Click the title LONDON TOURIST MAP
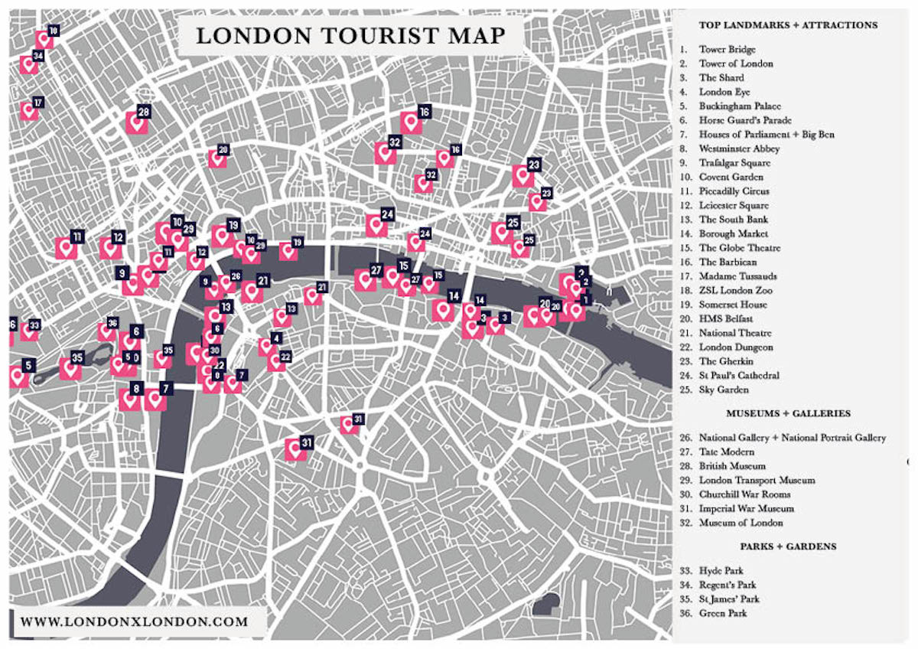(x=350, y=36)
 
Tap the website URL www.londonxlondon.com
(x=135, y=621)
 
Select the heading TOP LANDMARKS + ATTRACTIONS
(x=788, y=25)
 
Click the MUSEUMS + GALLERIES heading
(x=788, y=413)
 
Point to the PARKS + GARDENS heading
(x=788, y=546)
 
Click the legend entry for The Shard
(x=721, y=78)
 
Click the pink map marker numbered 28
(x=137, y=122)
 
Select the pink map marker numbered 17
(x=28, y=111)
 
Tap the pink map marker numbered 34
(x=28, y=64)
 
